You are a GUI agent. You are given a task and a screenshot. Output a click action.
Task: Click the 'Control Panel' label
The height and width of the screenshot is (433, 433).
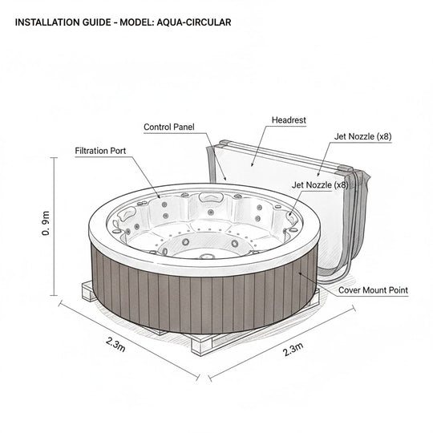[x=169, y=127]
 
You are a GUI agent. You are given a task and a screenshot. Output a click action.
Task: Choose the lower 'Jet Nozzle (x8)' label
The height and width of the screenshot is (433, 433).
[x=320, y=184]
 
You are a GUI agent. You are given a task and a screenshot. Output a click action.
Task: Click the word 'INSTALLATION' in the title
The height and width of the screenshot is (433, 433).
[x=50, y=22]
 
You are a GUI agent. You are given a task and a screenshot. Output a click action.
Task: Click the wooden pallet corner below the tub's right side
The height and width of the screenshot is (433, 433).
[x=317, y=301]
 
